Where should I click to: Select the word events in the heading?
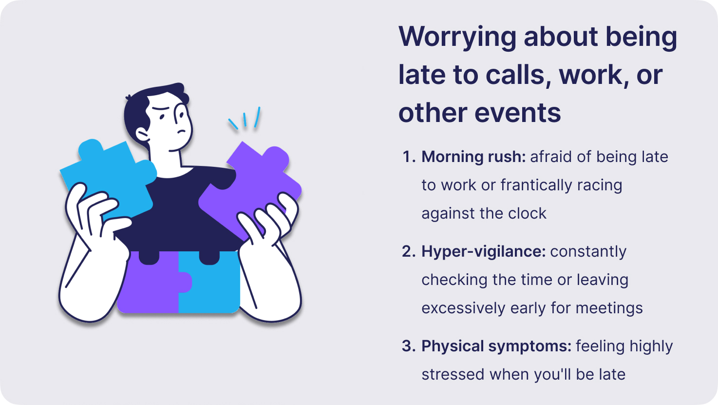click(518, 113)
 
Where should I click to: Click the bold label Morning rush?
click(473, 157)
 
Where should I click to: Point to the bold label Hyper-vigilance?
click(483, 251)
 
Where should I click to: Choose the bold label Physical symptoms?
click(496, 346)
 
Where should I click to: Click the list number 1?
click(409, 157)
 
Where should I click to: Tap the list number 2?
click(409, 251)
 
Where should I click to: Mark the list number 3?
click(409, 346)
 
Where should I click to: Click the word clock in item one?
click(527, 214)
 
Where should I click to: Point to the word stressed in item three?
click(453, 374)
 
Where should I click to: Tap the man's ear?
click(142, 135)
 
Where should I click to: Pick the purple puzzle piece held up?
click(250, 189)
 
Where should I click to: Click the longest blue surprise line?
click(257, 117)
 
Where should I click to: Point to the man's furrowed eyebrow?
click(160, 108)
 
